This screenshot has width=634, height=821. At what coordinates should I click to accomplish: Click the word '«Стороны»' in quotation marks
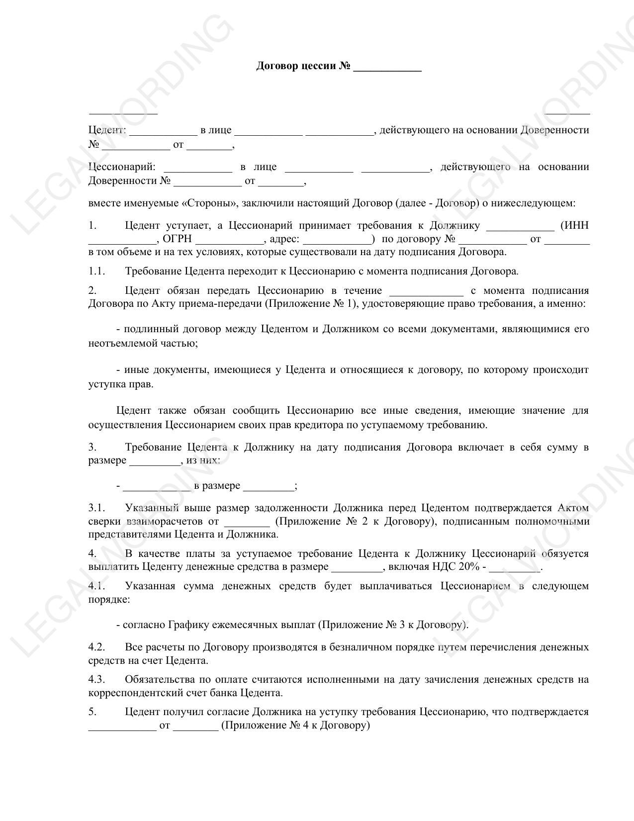211,203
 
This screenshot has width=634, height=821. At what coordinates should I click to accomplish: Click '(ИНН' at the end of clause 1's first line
574,226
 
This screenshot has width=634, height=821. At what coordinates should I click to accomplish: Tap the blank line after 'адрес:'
338,239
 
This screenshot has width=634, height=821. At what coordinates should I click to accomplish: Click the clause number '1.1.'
97,272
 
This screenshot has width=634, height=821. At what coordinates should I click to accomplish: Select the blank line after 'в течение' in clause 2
426,291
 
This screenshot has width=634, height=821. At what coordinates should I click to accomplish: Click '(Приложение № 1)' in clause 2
310,304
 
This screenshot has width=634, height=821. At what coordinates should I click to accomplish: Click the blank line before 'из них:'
155,460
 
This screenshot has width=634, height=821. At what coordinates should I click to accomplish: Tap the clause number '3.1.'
97,508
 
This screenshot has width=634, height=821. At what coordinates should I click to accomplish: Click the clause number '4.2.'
97,647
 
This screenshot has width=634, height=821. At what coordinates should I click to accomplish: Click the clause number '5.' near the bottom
92,712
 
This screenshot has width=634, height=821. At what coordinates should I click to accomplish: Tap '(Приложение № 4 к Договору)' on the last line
295,726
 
